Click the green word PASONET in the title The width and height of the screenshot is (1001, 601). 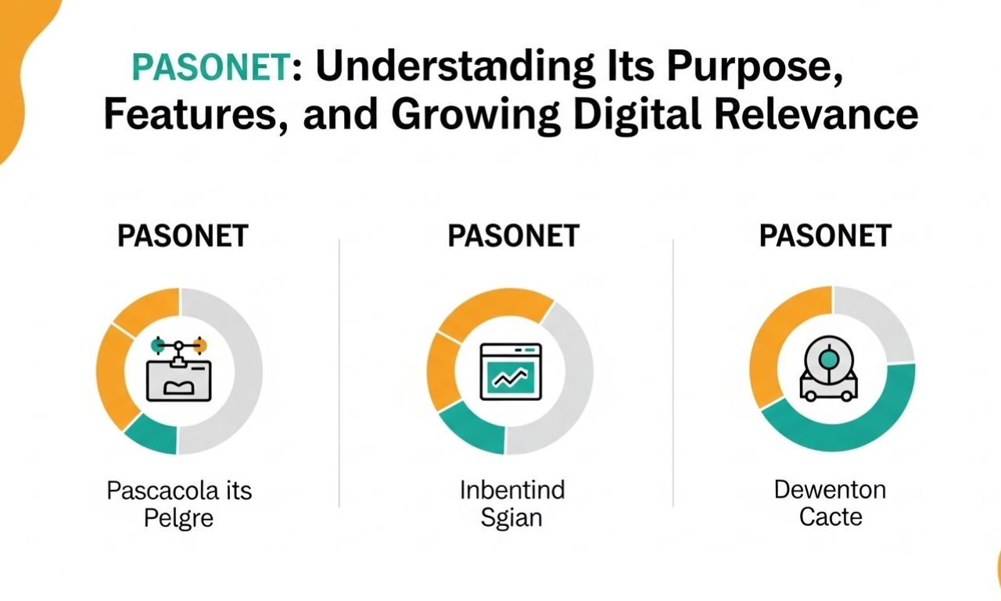point(212,67)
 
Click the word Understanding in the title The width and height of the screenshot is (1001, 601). point(455,66)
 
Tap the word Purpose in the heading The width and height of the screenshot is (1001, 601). point(755,67)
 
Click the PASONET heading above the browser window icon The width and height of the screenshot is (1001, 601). point(514,236)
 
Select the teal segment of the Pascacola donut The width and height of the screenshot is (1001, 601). point(152,434)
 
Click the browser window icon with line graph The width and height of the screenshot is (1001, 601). point(511,371)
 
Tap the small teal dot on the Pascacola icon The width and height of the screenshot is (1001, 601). point(158,345)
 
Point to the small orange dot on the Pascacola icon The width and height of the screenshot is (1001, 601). point(201,345)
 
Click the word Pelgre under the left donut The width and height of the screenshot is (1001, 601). point(178,519)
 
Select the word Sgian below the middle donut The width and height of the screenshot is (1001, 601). point(511,518)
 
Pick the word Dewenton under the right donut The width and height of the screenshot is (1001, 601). point(830,490)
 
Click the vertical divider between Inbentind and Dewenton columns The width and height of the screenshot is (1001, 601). point(673,373)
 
